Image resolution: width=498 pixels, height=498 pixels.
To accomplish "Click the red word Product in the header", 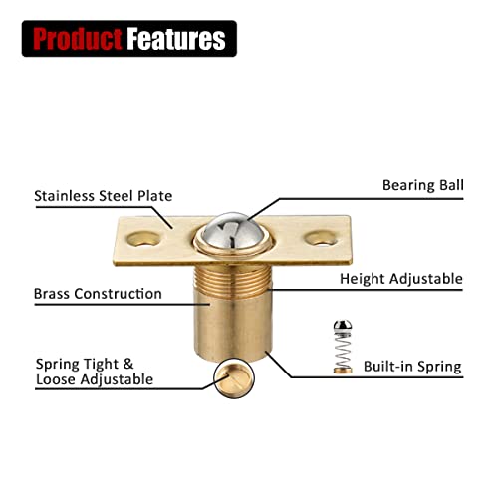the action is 78,39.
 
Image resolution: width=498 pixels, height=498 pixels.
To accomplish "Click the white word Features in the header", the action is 176,39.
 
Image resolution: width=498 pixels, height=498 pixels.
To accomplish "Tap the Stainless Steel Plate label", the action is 104,196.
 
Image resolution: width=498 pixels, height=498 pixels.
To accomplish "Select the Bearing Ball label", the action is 423,185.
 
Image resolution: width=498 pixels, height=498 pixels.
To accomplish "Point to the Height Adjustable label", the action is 401,279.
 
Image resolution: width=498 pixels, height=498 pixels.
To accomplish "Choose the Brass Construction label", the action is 98,294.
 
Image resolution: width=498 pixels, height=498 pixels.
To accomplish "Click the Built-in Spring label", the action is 412,367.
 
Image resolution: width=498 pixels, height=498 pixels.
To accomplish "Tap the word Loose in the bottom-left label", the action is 56,379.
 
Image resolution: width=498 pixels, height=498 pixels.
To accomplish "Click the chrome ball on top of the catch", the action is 233,231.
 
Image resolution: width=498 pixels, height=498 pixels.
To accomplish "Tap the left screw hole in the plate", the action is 143,239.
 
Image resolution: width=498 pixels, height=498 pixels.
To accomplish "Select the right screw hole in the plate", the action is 321,238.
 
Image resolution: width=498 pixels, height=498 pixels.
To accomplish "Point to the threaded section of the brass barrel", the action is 232,281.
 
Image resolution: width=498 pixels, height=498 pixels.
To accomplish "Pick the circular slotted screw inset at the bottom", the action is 234,378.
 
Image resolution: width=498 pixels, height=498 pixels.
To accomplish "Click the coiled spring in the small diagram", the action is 343,350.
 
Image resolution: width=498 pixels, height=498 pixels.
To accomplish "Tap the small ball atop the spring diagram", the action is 343,326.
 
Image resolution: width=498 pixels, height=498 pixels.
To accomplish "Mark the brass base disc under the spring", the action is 343,371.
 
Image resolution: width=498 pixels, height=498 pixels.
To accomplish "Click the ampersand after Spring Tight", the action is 128,364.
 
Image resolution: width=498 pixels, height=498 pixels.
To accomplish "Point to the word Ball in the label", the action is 451,185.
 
